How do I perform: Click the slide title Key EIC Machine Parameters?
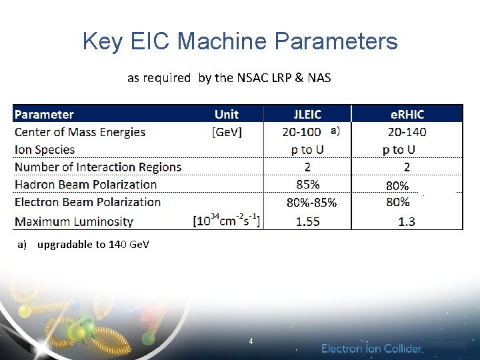point(240,41)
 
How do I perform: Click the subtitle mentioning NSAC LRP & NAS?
point(229,78)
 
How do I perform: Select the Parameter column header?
point(44,115)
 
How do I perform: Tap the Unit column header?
point(227,115)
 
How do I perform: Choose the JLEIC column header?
point(307,115)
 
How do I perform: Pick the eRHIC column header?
point(407,115)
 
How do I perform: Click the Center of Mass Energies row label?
point(80,132)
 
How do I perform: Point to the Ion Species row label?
point(45,149)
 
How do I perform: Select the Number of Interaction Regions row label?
point(98,167)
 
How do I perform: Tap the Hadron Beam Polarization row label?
point(85,184)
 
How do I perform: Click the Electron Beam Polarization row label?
point(87,201)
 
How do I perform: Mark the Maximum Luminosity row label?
point(74,221)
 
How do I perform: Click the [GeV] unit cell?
point(227,132)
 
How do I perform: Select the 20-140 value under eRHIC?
point(407,132)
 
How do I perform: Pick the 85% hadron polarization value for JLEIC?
point(307,184)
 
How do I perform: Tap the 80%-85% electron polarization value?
point(311,202)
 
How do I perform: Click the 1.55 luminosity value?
point(307,221)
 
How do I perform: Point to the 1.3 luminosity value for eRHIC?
point(407,221)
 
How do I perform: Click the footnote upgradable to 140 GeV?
point(84,244)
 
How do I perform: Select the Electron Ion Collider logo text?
point(372,349)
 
